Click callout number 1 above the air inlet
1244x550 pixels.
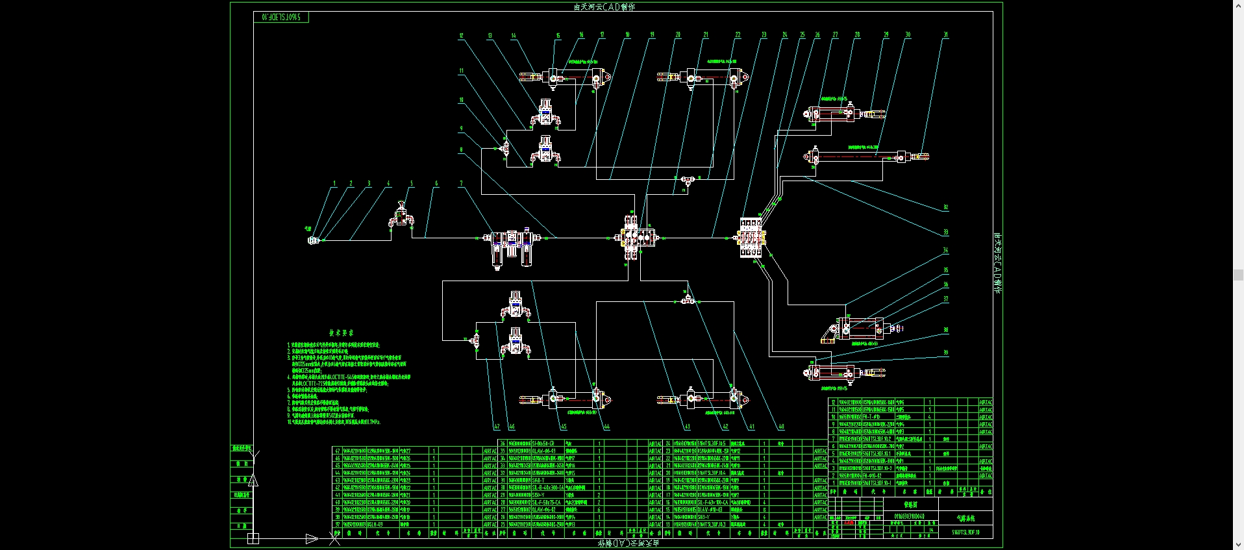335,184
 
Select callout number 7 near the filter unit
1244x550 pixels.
462,184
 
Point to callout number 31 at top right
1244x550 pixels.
946,35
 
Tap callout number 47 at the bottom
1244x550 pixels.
497,427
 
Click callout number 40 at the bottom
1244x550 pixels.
781,427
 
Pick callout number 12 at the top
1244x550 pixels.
462,36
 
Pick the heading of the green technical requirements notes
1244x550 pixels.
341,332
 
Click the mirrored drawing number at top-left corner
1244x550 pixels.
280,17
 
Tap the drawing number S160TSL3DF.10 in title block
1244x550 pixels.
965,532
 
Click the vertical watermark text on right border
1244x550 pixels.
997,263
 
